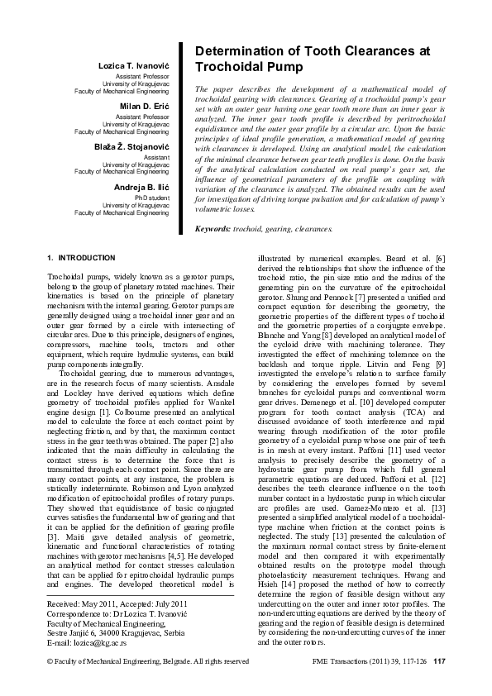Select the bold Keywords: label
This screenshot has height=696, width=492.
click(213, 227)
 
